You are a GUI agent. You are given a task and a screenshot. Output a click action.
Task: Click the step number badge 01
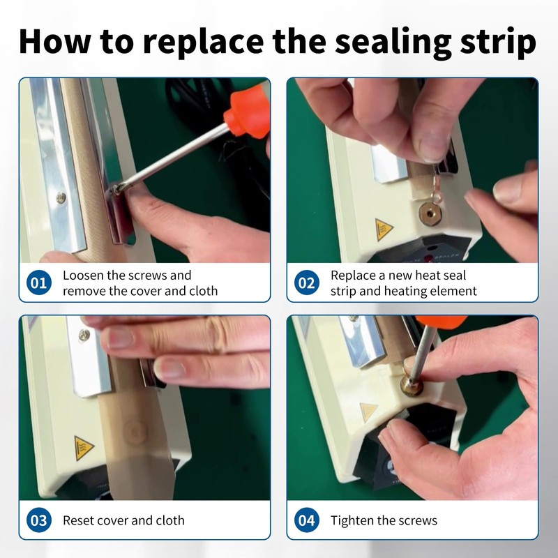pyautogui.click(x=39, y=283)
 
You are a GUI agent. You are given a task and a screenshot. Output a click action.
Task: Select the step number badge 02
pyautogui.click(x=306, y=283)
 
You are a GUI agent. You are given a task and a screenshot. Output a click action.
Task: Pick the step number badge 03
pyautogui.click(x=39, y=520)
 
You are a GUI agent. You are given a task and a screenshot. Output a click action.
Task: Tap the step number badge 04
pyautogui.click(x=306, y=520)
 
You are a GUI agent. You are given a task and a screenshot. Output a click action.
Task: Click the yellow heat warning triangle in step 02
pyautogui.click(x=383, y=229)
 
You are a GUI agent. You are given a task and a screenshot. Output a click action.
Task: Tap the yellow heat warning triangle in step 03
pyautogui.click(x=82, y=448)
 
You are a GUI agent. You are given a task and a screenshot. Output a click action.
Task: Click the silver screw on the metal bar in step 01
pyautogui.click(x=61, y=197)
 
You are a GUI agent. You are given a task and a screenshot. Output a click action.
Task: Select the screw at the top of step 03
pyautogui.click(x=84, y=335)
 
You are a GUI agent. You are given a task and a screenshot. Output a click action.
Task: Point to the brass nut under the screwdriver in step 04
pyautogui.click(x=412, y=386)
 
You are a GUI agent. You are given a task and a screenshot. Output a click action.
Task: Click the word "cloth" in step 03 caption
pyautogui.click(x=170, y=520)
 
